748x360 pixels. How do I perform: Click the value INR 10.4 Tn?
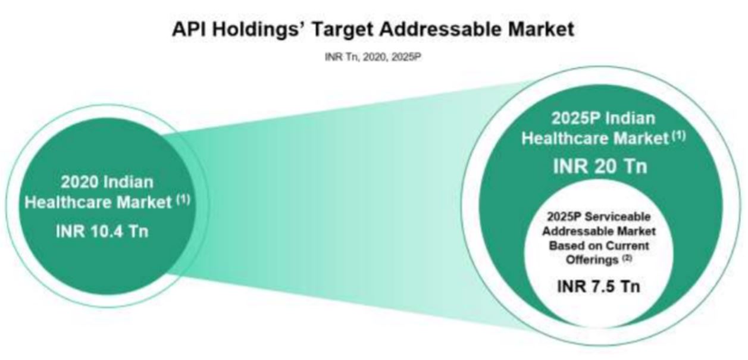[x=102, y=231]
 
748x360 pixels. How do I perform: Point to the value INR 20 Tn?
[x=599, y=165]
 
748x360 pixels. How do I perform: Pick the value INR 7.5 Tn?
[x=599, y=286]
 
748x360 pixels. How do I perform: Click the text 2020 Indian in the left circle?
[x=107, y=181]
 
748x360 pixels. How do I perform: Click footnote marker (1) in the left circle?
[x=182, y=201]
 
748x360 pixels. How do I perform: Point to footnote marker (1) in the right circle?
[x=678, y=136]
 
